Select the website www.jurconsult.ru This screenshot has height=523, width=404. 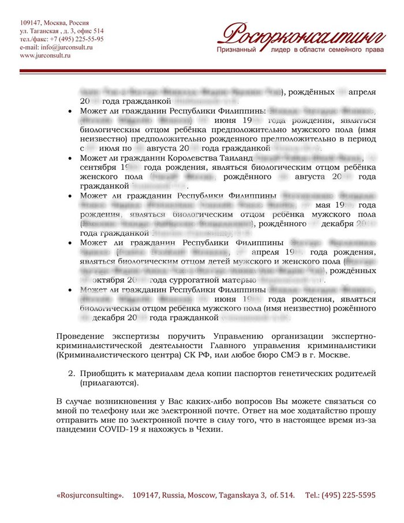45,55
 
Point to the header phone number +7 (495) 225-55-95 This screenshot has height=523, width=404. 77,39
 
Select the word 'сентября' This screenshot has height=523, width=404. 98,167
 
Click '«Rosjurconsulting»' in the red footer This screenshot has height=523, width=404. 91,495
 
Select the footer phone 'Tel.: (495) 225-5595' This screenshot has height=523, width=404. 341,495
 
